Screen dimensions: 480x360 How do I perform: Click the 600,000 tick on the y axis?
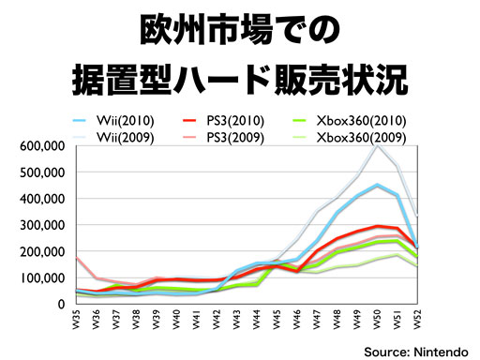tap(42, 146)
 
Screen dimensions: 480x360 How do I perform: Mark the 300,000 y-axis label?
tap(42, 225)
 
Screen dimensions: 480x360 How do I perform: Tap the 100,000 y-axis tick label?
tap(42, 277)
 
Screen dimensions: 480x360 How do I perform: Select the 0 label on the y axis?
tap(61, 304)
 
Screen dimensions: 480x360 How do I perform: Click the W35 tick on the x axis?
tap(76, 319)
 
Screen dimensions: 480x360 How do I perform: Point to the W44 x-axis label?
tap(257, 319)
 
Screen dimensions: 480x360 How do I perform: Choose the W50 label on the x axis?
tap(378, 319)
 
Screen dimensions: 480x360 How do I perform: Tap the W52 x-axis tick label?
tap(417, 319)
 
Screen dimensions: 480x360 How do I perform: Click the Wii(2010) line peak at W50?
tap(378, 185)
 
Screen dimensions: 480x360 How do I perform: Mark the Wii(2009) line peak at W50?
tap(378, 145)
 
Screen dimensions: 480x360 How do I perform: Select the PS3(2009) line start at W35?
tap(77, 257)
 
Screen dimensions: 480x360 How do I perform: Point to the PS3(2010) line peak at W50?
tap(378, 226)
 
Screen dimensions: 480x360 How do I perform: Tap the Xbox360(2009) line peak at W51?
tap(397, 254)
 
